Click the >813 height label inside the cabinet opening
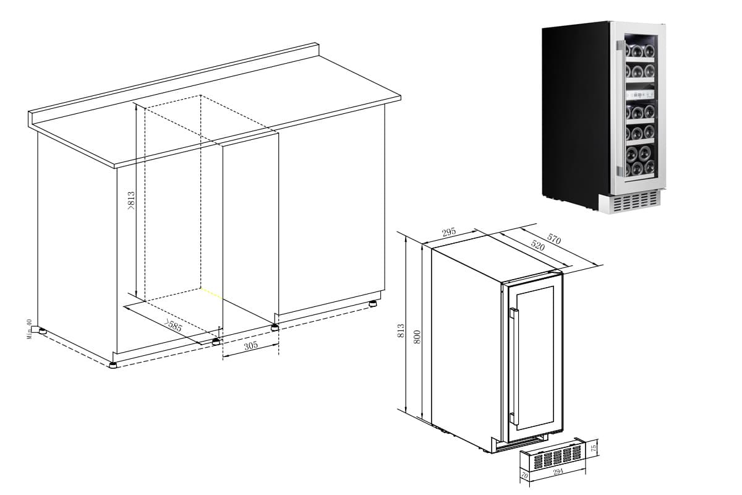130,201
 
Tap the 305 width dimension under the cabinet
250,346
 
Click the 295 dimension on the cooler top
449,233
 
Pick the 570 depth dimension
553,239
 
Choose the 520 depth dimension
538,245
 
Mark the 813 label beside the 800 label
401,330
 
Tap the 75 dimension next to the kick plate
594,447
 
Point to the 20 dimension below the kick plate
525,476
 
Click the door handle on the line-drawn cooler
513,365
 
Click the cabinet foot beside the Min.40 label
42,331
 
